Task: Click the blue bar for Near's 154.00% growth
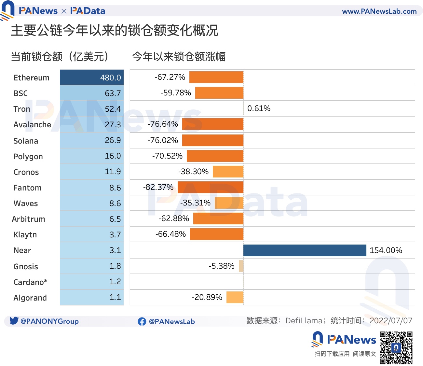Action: coord(305,250)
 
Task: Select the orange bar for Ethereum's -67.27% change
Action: coord(216,77)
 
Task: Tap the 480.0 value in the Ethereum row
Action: coord(110,78)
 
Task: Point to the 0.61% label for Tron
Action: coord(259,108)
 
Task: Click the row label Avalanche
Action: coord(32,125)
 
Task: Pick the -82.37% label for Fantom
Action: coord(158,187)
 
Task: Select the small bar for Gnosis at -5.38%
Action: coord(241,266)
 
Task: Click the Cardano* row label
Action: coord(30,282)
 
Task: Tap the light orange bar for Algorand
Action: coord(235,297)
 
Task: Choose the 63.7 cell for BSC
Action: coord(113,93)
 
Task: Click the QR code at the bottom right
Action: coord(396,347)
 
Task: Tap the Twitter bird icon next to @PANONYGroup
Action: coord(14,321)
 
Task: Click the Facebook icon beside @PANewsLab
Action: coord(142,321)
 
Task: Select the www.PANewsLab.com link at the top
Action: coord(379,11)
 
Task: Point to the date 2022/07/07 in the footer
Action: coord(391,321)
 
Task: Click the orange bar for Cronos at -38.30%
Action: coord(228,172)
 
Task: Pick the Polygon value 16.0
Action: coord(113,156)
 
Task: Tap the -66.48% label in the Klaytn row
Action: coord(171,234)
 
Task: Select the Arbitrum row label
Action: coord(29,219)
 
